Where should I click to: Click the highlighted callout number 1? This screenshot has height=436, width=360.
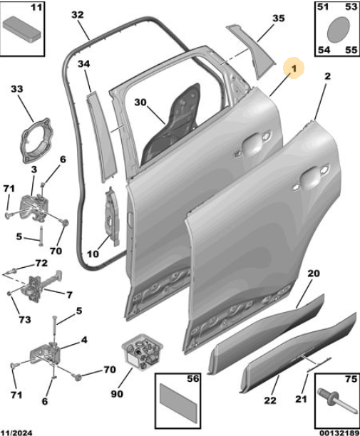point(294,68)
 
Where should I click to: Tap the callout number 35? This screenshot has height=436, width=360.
point(278,19)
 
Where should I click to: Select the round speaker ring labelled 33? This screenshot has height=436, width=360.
point(36,140)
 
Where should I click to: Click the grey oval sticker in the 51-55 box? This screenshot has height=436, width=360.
point(338,29)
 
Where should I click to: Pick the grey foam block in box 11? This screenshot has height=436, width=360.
point(22,29)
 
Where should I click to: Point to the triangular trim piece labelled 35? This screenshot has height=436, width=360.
point(252,50)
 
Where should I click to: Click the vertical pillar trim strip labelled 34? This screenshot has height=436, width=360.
point(101,137)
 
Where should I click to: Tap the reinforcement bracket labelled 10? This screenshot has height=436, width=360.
point(113,216)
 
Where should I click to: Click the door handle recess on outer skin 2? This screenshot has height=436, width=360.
point(312,177)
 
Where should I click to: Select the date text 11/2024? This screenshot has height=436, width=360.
point(16,432)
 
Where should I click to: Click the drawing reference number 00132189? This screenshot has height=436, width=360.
point(339,432)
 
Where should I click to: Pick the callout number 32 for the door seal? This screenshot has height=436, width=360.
point(77,14)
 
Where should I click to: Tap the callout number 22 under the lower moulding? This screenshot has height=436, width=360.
point(270,400)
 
